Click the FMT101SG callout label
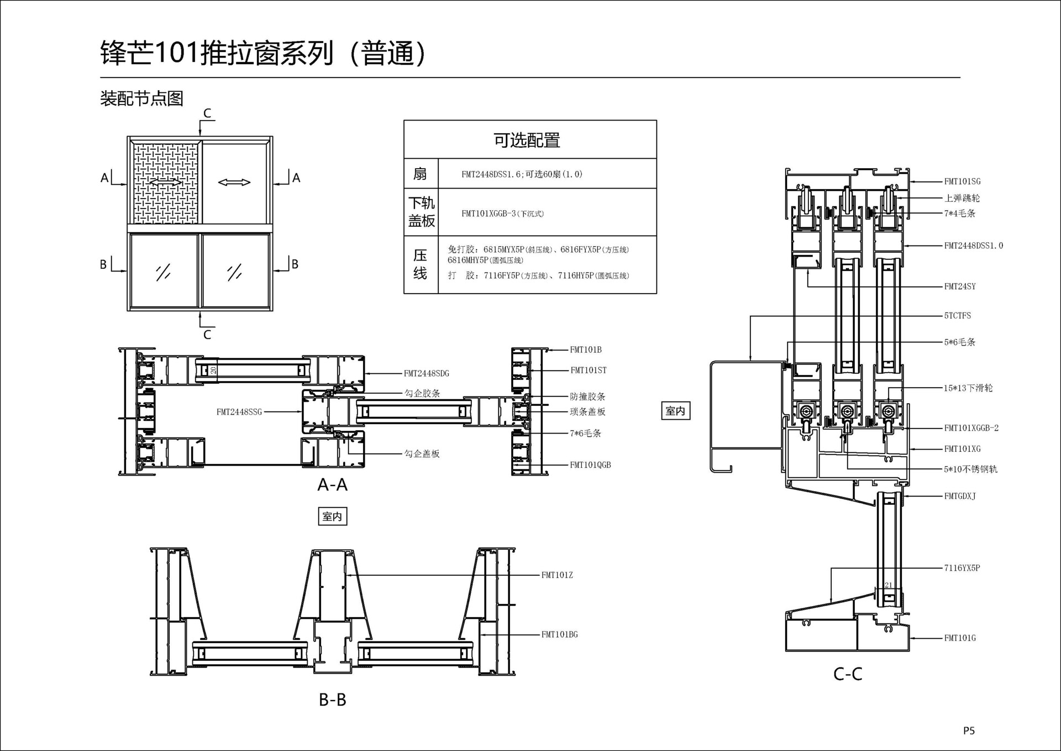962,181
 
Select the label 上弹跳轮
962,198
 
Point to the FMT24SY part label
960,286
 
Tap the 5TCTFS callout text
957,316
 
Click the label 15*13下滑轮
968,388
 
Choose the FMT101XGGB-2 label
971,428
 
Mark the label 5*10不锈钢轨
970,470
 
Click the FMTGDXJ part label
960,496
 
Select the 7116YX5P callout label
962,568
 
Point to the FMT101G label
960,638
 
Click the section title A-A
332,485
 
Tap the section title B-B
332,700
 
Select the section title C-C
847,674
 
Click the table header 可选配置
527,140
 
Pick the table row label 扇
420,174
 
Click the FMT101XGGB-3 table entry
502,214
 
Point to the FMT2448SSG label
239,412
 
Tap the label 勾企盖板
422,454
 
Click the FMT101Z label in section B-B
557,576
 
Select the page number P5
969,731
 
